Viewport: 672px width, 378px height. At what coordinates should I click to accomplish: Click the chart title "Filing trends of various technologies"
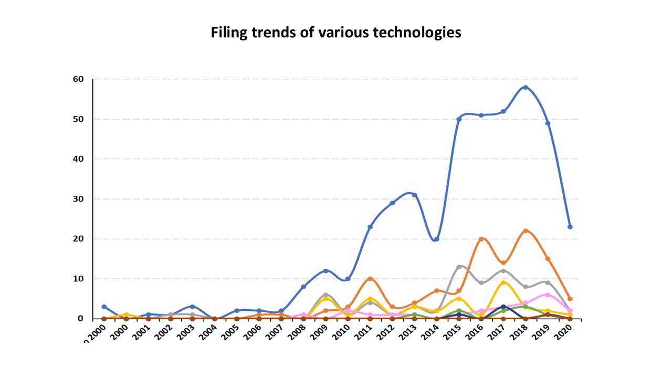[336, 33]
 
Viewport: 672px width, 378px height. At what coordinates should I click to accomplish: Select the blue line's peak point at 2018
[526, 87]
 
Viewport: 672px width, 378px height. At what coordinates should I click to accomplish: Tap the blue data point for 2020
[570, 227]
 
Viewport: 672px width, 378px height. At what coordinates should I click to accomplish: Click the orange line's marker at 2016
[481, 239]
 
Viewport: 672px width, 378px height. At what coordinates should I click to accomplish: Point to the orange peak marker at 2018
[526, 231]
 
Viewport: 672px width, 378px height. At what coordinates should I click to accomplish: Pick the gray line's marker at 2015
[459, 267]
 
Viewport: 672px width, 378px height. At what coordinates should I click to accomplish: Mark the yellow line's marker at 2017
[503, 283]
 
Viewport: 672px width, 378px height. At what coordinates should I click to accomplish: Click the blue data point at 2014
[437, 239]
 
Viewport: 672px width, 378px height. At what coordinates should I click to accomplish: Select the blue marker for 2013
[414, 195]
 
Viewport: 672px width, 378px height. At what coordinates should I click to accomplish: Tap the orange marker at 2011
[370, 279]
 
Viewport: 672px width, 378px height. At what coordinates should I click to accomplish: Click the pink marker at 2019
[548, 295]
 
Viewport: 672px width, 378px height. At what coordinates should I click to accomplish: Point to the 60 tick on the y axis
[78, 79]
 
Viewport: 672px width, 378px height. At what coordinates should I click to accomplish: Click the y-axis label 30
[78, 199]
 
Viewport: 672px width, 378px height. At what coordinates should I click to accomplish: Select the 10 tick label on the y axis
[78, 279]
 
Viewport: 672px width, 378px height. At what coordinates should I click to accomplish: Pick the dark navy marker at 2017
[503, 307]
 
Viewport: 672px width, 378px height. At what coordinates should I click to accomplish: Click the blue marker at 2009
[325, 271]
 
